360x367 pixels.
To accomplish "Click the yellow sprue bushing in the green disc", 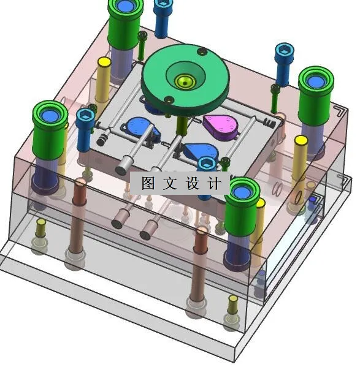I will (183, 81).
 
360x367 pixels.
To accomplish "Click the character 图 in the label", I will (148, 183).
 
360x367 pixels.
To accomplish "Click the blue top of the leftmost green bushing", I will (49, 115).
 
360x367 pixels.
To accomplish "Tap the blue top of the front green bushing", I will (242, 191).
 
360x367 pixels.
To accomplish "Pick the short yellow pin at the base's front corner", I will (232, 303).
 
